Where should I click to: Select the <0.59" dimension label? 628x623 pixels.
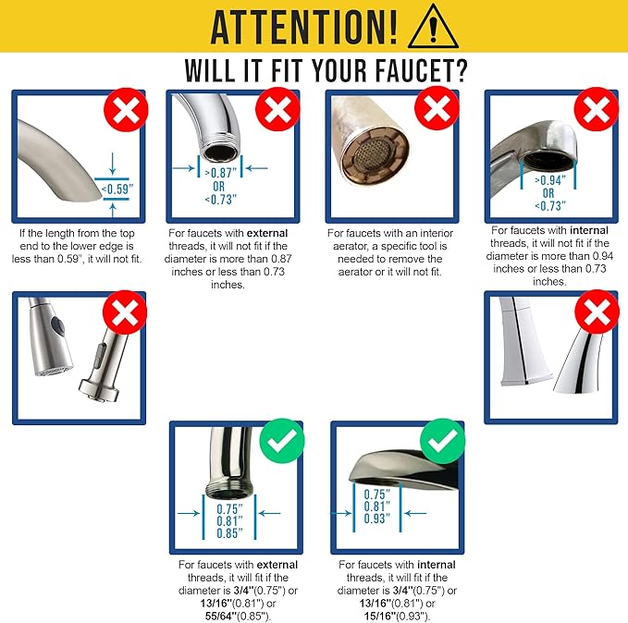115,189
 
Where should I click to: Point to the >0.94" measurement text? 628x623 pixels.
548,180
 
